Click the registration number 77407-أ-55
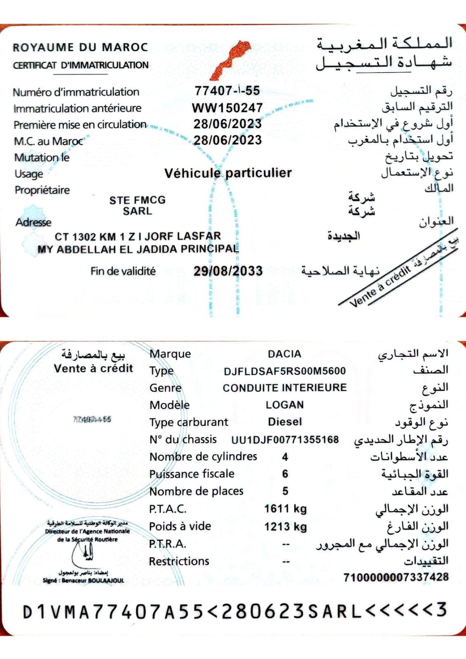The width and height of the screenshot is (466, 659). point(227,91)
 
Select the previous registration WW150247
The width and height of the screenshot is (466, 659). point(227,108)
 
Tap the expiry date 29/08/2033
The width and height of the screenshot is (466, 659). point(228,271)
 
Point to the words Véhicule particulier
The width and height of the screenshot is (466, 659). point(228,173)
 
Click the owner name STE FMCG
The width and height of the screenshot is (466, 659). point(137,200)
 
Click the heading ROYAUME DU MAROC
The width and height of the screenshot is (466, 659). point(80,47)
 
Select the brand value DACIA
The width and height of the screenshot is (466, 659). point(284,354)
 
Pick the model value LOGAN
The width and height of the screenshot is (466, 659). point(285,405)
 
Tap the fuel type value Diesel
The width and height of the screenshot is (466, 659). point(285,422)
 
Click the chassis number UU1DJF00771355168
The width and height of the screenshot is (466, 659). point(285,440)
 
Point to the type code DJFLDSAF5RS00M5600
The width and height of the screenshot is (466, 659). point(285,371)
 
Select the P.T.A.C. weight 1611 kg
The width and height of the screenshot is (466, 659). point(285,509)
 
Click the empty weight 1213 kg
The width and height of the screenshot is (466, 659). point(285,526)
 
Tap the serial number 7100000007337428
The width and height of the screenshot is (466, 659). point(396,577)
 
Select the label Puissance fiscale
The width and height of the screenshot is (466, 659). point(192,474)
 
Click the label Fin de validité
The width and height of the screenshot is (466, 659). point(123,271)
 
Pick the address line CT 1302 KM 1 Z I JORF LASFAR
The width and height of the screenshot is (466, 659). point(138,237)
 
